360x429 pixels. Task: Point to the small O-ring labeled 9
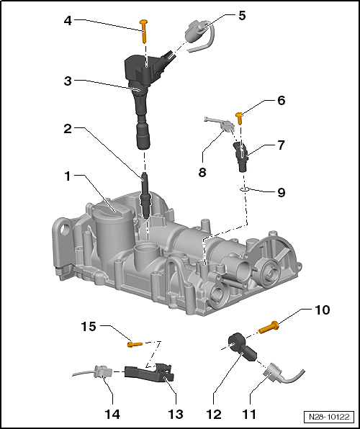[x=243, y=190]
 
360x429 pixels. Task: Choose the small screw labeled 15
[x=132, y=344]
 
